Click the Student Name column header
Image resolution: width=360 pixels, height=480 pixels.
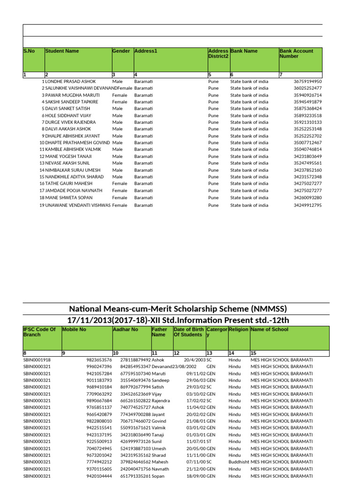pos(62,51)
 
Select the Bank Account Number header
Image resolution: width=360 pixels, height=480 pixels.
pos(296,53)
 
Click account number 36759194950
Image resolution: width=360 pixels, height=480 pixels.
pos(307,82)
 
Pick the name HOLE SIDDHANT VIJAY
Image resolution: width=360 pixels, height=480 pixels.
pos(68,115)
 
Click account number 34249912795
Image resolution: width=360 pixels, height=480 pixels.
pos(307,205)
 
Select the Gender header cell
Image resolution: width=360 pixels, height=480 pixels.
pos(121,51)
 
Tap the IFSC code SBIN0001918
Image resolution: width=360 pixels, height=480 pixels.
pos(37,360)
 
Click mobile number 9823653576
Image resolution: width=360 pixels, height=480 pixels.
pos(99,360)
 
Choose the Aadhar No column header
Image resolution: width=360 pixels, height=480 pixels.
pos(126,330)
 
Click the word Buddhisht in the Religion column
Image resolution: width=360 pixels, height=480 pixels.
pos(239,462)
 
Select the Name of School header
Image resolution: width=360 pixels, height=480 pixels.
pos(270,330)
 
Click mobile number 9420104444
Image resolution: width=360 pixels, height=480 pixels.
pos(99,475)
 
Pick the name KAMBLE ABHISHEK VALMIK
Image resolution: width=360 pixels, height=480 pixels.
pos(70,150)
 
